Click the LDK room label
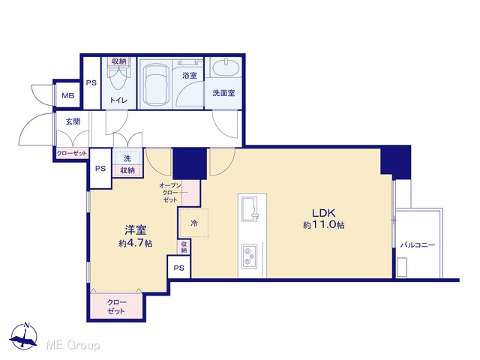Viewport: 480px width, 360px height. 323,212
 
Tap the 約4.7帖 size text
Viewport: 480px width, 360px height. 136,243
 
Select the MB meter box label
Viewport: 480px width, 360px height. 68,95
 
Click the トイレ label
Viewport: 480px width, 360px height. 118,100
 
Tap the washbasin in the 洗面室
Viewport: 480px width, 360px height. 226,68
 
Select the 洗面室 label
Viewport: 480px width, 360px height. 223,93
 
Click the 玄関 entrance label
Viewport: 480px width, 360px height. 73,121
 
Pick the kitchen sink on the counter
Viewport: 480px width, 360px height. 250,208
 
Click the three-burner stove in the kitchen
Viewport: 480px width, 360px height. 249,256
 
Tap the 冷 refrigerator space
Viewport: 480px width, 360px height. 193,223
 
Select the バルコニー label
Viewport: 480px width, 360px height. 418,245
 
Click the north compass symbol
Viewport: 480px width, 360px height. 23,336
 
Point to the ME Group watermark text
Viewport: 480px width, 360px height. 73,346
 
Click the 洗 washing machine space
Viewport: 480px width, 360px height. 127,158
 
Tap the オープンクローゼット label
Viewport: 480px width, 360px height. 170,193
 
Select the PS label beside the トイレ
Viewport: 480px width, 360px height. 91,82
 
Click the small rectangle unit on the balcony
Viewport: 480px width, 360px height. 402,267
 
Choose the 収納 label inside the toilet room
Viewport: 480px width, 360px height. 119,61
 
